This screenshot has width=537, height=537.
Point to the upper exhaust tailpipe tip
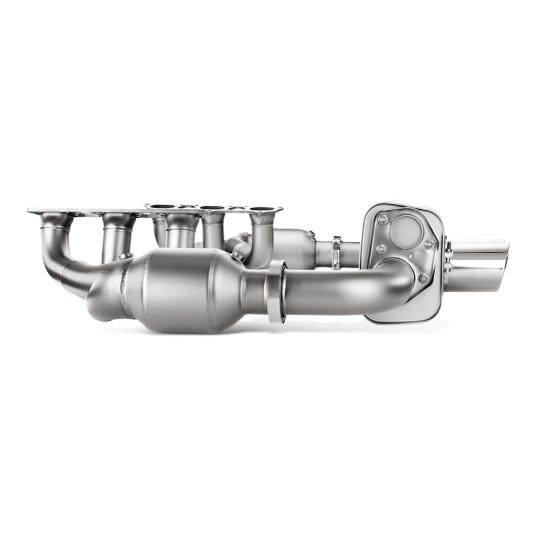pos(482,247)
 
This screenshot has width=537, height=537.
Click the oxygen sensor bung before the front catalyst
pos(124,255)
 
